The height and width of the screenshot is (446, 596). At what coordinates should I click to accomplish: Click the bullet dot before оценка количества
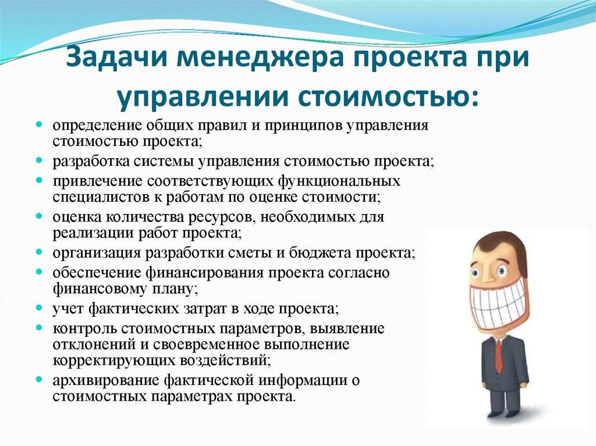[x=39, y=216]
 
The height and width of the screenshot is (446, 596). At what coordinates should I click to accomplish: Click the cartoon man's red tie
[x=498, y=355]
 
